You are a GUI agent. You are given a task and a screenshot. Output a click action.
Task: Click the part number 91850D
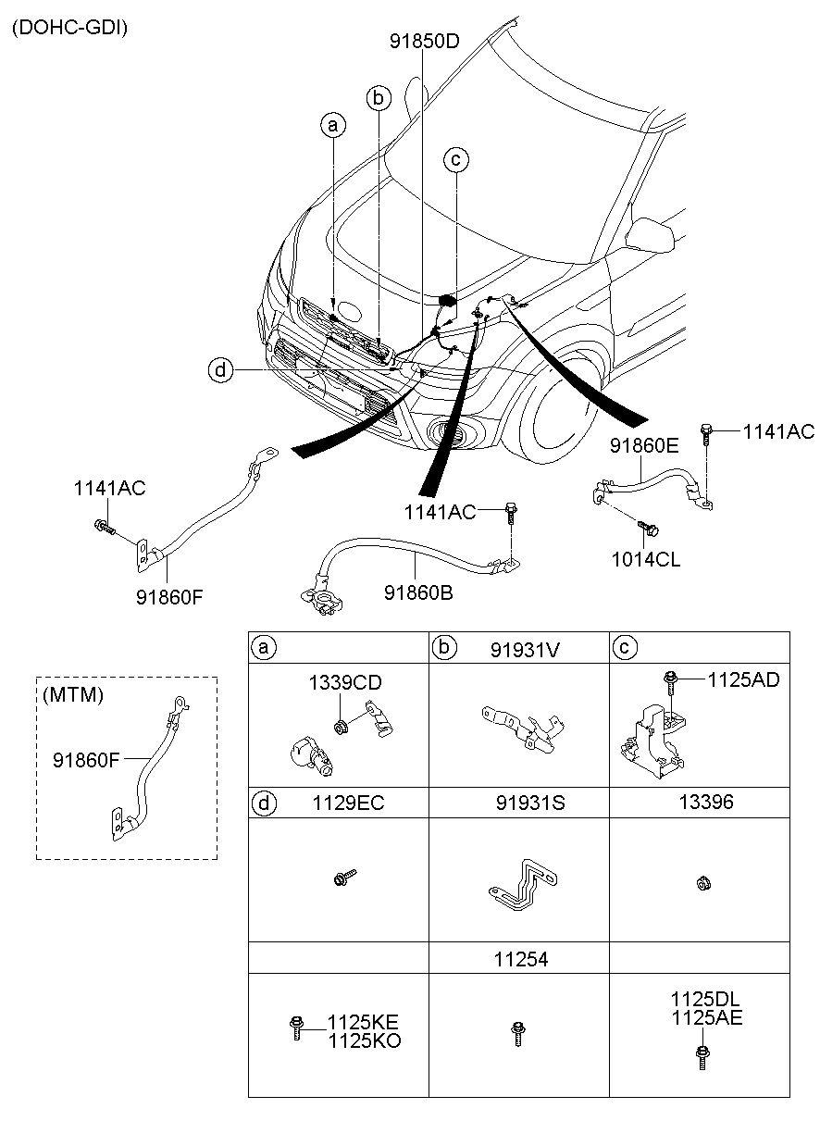tap(425, 41)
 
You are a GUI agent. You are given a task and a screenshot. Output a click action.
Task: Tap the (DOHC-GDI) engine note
tap(69, 28)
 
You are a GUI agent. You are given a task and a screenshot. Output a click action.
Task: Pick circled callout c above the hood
tap(455, 160)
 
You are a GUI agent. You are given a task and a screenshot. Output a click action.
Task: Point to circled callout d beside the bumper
tap(220, 370)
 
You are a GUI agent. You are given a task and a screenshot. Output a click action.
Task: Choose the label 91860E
tap(644, 445)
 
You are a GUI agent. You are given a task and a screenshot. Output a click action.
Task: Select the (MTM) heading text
tap(72, 694)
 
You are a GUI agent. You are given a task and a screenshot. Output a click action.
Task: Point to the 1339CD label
tap(345, 683)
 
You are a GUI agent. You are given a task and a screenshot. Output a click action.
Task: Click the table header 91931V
tap(525, 649)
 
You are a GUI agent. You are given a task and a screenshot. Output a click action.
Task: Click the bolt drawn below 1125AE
tap(700, 1056)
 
